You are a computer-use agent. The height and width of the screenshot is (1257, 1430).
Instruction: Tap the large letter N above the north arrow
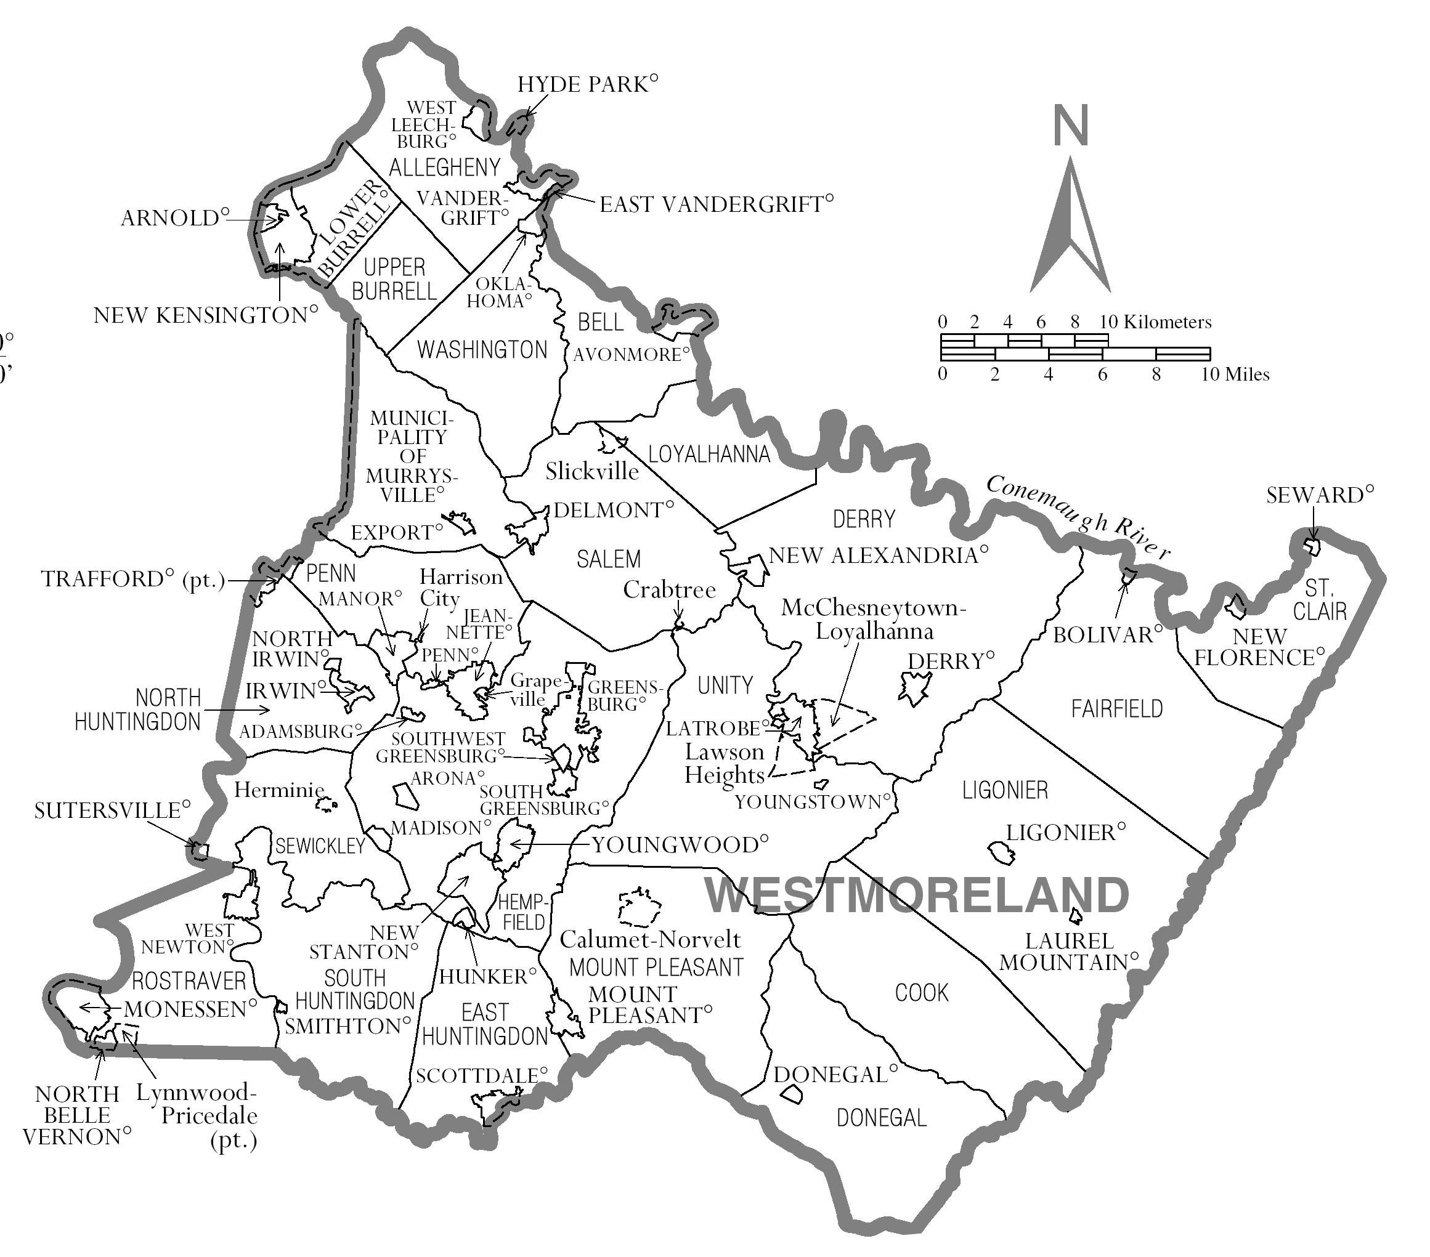point(1070,126)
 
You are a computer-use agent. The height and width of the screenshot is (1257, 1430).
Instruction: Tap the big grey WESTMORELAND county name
point(917,895)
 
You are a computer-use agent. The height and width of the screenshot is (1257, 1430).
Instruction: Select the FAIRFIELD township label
point(1116,709)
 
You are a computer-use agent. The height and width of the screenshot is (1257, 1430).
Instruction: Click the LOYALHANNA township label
point(709,454)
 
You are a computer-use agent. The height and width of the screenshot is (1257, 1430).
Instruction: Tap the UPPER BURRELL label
point(394,279)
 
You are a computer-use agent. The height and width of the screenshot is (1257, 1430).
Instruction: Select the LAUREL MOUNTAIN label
point(1068,952)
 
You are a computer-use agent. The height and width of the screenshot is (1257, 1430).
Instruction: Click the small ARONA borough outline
point(404,797)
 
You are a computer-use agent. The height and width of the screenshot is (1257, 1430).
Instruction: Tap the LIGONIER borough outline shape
point(1001,853)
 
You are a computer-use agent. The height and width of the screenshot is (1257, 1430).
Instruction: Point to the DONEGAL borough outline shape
point(791,1094)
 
